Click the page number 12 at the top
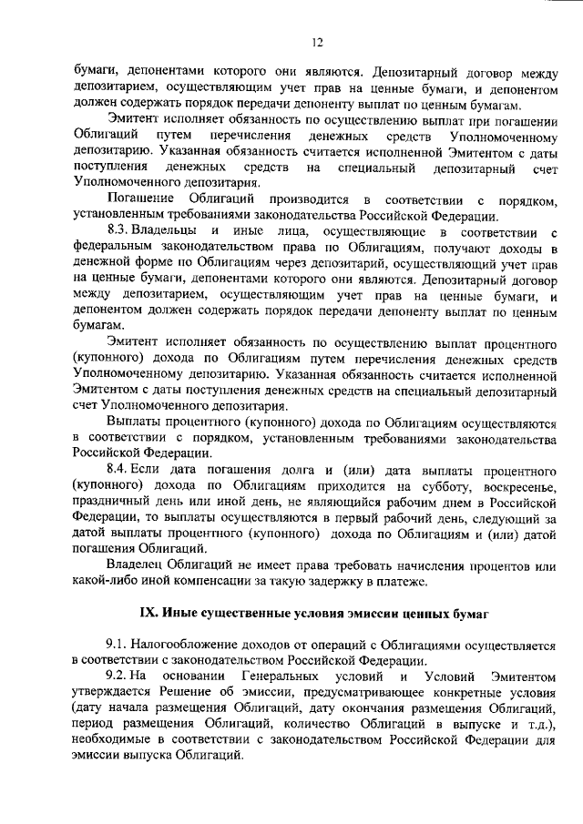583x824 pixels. pyautogui.click(x=317, y=41)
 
